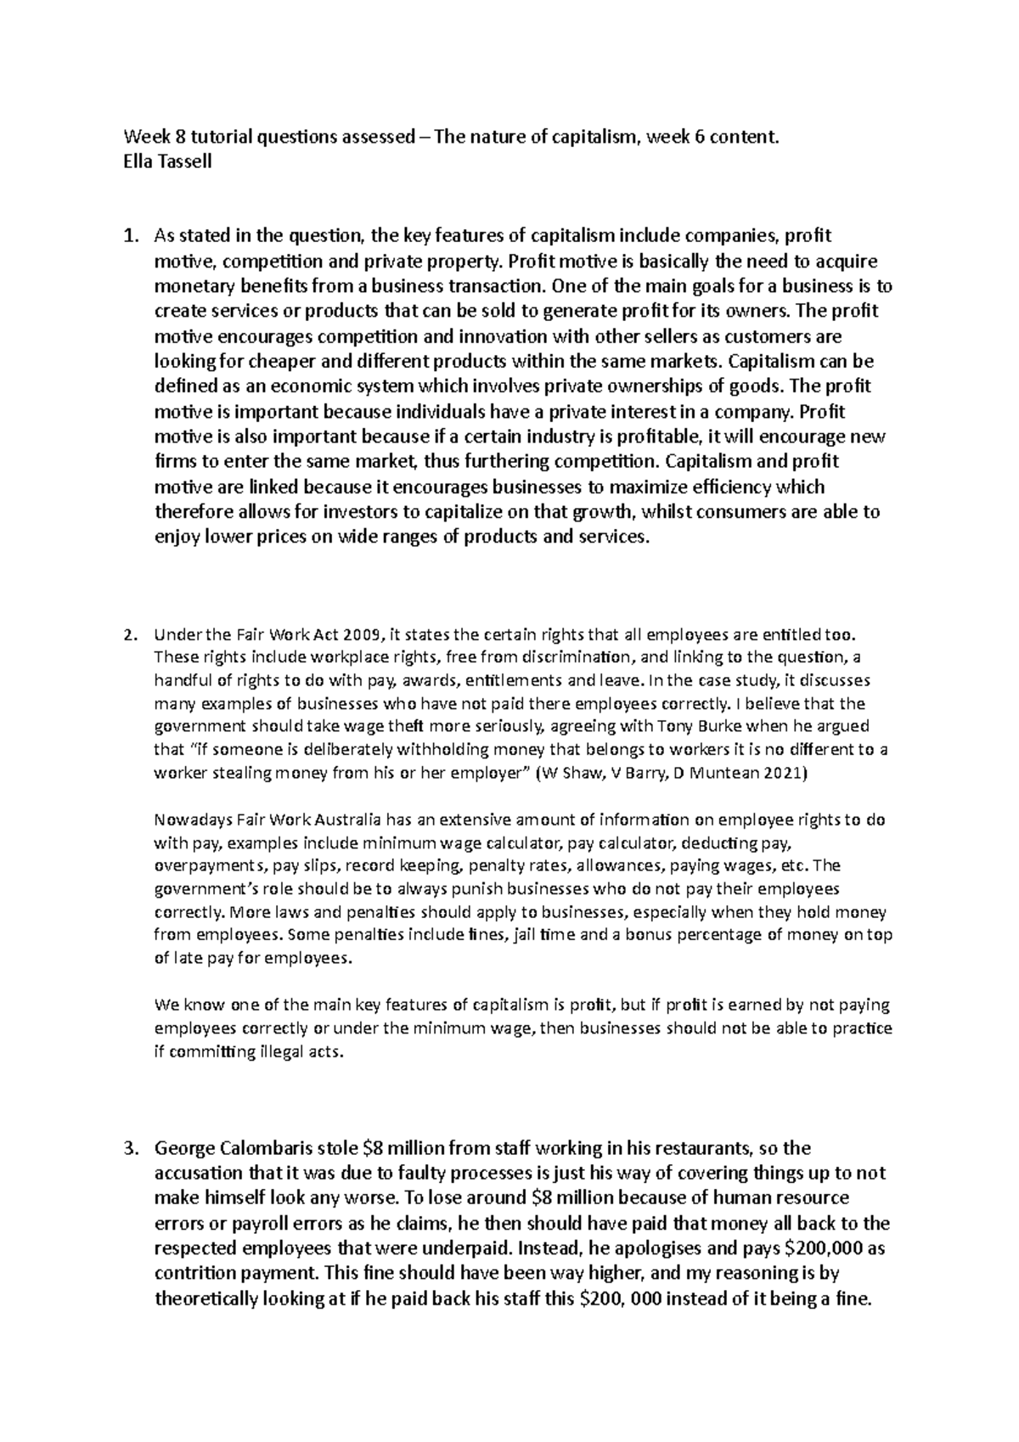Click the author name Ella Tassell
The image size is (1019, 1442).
click(x=167, y=161)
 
